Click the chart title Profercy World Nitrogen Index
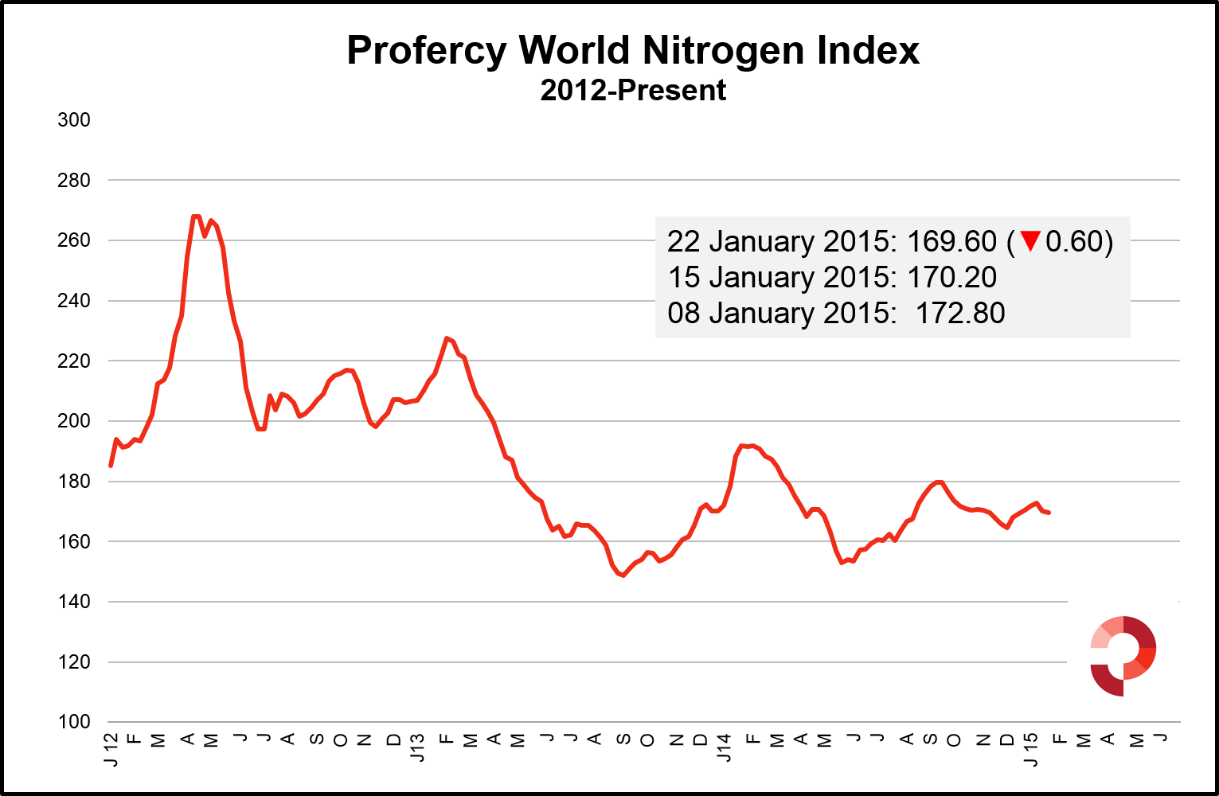tap(633, 51)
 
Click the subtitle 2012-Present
tap(633, 91)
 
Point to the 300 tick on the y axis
tap(74, 120)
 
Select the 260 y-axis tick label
tap(74, 240)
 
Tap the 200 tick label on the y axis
tap(74, 421)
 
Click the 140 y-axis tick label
tap(74, 602)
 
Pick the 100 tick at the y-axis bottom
tap(74, 722)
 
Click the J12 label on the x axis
tap(111, 749)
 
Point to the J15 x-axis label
tap(1030, 749)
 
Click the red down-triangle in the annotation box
tap(1030, 240)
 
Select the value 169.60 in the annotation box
tap(951, 241)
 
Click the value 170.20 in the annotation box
tap(951, 277)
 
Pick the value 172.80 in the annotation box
tap(959, 313)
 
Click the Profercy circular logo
tap(1123, 655)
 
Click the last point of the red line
tap(1049, 513)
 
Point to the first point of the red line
tap(111, 466)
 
